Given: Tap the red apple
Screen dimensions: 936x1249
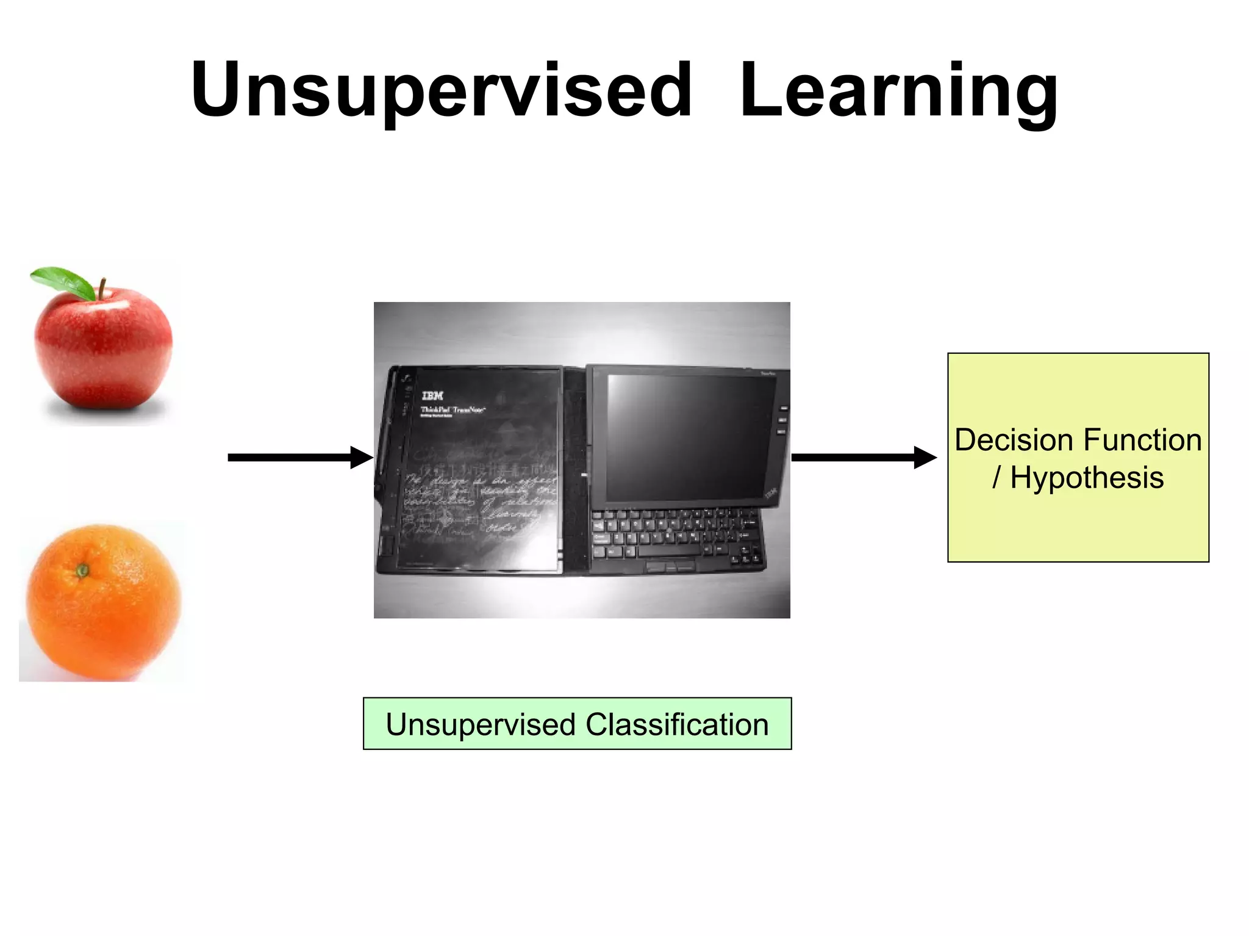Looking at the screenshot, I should [102, 348].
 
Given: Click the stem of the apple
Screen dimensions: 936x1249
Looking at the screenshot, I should [102, 288].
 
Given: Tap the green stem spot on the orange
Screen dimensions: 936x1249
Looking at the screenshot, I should [82, 571].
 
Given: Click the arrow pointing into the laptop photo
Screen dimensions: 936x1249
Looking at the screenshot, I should [299, 457].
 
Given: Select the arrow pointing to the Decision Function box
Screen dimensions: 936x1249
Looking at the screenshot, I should [863, 457].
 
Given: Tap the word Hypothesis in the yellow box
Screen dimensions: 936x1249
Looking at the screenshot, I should [1087, 477].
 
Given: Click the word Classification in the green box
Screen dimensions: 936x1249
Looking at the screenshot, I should [676, 724].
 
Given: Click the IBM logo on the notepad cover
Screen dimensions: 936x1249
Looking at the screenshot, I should [432, 395].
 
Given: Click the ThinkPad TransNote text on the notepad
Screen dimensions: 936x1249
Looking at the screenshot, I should [452, 411].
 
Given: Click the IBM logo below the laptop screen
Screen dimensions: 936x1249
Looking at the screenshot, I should [771, 495].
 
